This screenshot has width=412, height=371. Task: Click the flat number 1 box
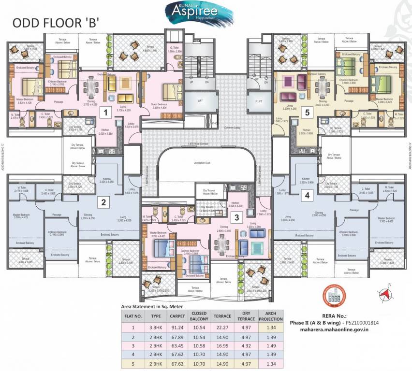[103, 113]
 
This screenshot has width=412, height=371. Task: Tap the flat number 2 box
[103, 203]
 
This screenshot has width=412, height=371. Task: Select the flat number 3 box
[236, 217]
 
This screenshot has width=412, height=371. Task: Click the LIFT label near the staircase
[200, 101]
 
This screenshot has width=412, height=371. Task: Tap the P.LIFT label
[259, 101]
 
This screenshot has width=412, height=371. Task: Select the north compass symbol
[385, 292]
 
